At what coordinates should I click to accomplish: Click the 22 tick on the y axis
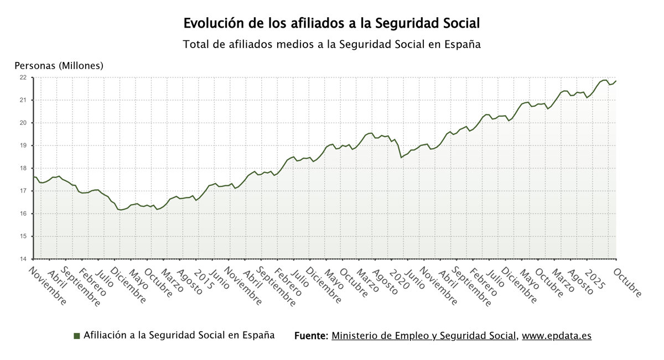coord(23,77)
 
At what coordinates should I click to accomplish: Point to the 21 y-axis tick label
coord(23,100)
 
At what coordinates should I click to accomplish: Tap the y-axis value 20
coord(23,123)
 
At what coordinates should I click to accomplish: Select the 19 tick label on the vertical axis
coord(23,145)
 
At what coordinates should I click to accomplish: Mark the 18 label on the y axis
coord(23,168)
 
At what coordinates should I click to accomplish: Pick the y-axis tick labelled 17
coord(23,191)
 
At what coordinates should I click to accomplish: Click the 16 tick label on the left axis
coord(23,213)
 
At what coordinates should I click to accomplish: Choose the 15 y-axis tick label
coord(23,236)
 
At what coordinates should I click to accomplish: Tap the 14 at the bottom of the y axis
coord(23,259)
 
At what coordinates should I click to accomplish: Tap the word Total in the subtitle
coord(196,45)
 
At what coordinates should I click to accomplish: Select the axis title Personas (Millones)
coord(59,66)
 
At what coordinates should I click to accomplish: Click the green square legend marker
coord(76,336)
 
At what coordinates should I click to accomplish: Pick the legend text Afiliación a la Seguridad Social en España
coord(179,336)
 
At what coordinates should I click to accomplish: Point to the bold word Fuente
coord(311,336)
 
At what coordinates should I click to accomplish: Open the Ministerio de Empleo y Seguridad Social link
coord(424,336)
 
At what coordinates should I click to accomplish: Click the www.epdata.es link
coord(557,336)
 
